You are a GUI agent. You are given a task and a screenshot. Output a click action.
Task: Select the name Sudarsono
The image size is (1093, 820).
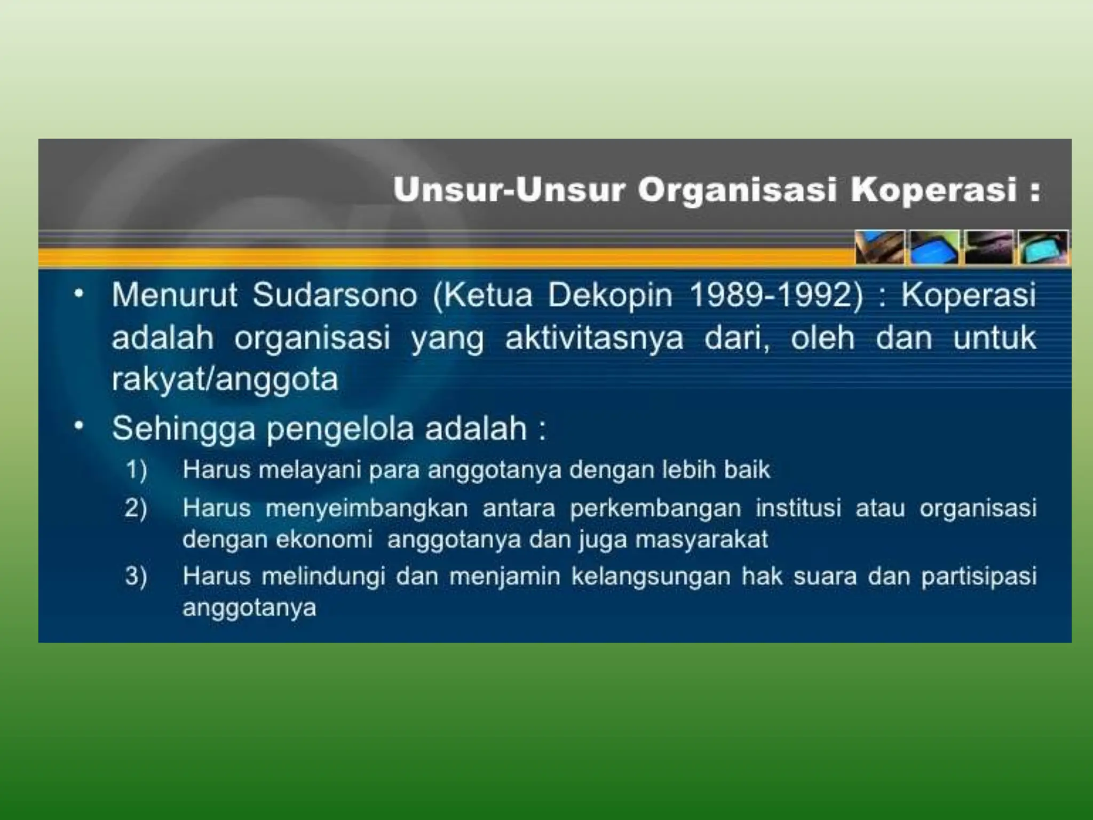pos(335,295)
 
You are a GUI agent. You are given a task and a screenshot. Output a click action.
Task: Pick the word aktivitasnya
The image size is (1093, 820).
pos(594,338)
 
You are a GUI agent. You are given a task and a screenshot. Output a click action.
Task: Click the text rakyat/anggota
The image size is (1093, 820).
pos(225,380)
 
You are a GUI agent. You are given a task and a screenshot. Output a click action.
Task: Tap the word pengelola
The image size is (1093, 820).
pos(340,429)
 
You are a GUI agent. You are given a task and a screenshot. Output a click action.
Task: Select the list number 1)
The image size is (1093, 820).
pos(136,470)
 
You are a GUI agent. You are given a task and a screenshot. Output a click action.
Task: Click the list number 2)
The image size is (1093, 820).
pos(136,508)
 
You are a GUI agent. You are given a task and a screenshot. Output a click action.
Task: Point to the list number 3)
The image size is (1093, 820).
pos(136,577)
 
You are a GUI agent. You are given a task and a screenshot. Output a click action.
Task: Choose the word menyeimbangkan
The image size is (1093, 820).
pos(367,508)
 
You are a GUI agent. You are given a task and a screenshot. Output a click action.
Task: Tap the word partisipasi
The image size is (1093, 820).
pos(979,577)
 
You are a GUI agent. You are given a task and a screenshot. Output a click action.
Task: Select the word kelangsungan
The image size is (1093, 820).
pos(651,577)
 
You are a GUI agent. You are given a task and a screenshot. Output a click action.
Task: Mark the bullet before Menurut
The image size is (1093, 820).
pos(79,293)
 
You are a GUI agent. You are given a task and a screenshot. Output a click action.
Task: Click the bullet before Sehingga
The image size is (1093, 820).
pos(79,426)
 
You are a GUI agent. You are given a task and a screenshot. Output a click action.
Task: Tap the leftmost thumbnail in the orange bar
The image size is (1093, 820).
pos(880,247)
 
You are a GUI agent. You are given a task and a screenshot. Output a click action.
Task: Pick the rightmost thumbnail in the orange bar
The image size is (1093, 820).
pos(1043,247)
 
